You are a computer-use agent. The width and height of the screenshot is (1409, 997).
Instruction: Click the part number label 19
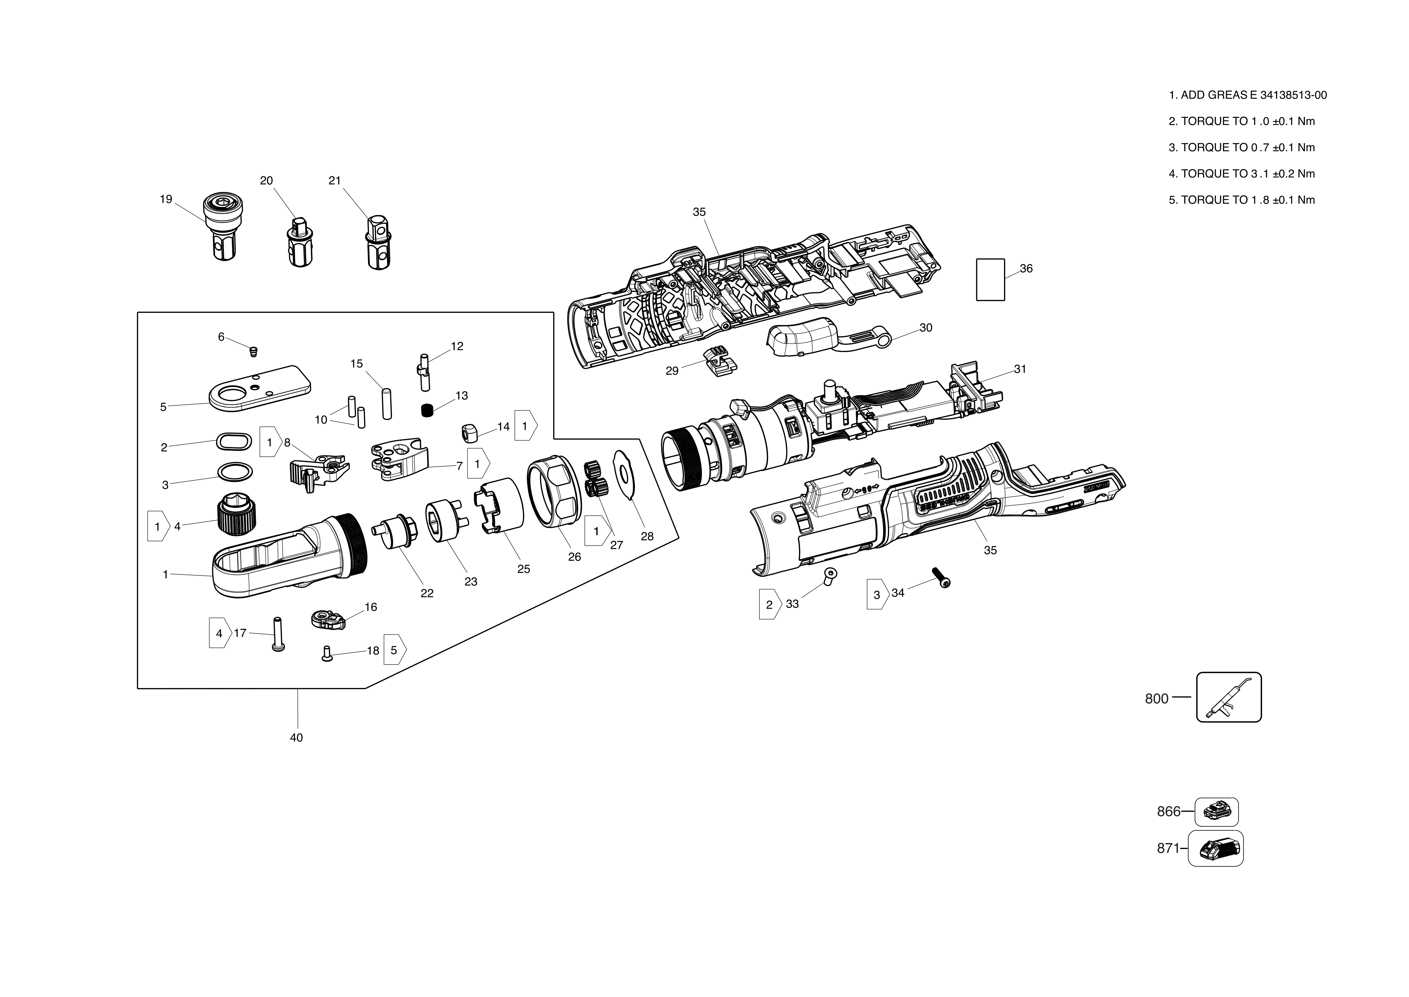(166, 199)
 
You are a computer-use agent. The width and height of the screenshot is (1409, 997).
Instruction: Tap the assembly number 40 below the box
(296, 737)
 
